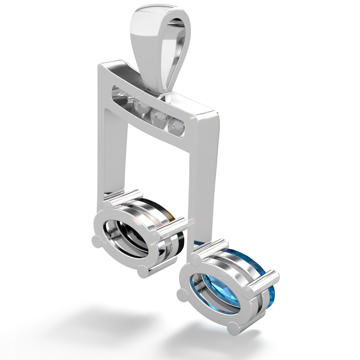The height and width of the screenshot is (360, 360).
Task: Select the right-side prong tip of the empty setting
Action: tap(156, 236)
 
